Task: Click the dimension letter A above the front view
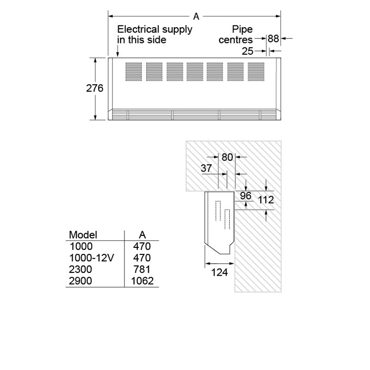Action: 196,17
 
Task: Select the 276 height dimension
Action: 95,88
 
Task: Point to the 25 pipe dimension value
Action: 247,50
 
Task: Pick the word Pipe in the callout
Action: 241,30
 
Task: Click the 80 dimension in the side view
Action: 227,157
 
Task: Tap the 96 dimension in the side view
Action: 246,196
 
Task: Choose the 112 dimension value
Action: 266,200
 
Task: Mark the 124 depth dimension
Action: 219,272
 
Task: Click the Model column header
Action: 83,234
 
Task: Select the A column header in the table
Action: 142,234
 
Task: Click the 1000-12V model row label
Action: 91,258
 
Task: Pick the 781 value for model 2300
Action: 142,269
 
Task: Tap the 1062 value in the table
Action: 142,281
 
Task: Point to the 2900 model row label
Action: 80,281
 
